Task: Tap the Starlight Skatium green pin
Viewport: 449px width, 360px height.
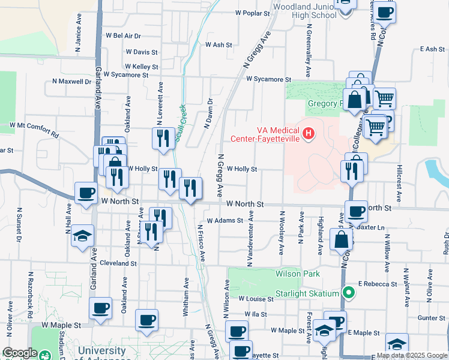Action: [x=348, y=293]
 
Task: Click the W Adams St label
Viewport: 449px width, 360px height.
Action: [x=224, y=220]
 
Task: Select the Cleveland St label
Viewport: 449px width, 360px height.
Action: [x=119, y=263]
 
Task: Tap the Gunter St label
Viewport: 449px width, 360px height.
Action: [x=432, y=317]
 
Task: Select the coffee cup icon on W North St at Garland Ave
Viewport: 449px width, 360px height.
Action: [x=86, y=194]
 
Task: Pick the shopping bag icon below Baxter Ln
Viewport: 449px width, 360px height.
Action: [x=341, y=240]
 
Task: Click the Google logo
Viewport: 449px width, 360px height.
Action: [x=20, y=353]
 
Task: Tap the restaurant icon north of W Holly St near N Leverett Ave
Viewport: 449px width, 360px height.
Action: [x=162, y=139]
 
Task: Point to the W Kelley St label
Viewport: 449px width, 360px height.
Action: [x=142, y=67]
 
